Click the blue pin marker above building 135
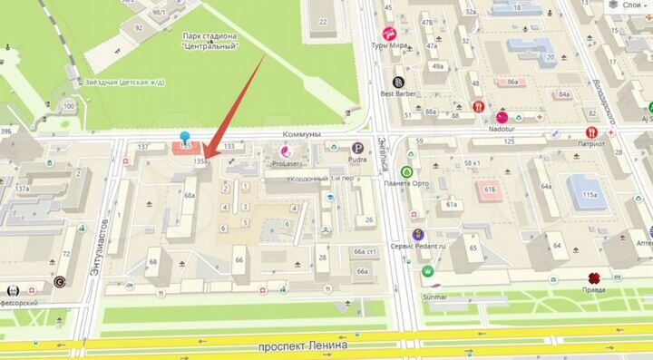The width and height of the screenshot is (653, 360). [x=186, y=137]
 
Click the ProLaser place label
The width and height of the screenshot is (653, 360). [x=291, y=164]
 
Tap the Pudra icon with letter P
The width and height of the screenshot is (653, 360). [x=359, y=148]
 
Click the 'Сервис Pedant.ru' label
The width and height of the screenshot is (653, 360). [x=416, y=247]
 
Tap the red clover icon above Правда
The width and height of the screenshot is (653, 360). [x=593, y=277]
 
